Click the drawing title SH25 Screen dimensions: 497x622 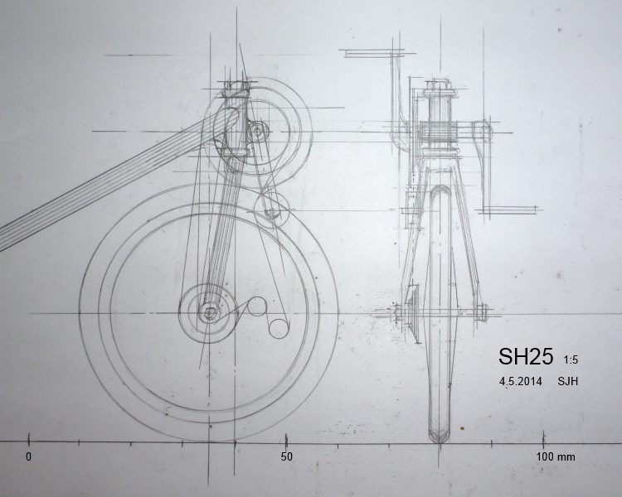[x=525, y=357]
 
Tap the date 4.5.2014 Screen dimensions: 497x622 [x=520, y=382]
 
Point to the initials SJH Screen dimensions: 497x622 [x=568, y=382]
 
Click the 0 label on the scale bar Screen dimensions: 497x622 [x=28, y=456]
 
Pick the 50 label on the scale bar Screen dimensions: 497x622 [x=286, y=456]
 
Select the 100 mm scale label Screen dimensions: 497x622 [x=555, y=456]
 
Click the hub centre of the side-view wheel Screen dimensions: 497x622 [x=208, y=313]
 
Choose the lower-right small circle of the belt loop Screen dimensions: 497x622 [x=278, y=327]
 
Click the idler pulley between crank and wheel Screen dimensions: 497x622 [x=270, y=208]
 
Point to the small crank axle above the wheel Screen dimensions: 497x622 [x=255, y=130]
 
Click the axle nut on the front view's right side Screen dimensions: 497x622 [x=483, y=313]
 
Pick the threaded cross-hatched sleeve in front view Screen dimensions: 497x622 [x=439, y=133]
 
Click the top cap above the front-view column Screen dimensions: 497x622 [x=439, y=86]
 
